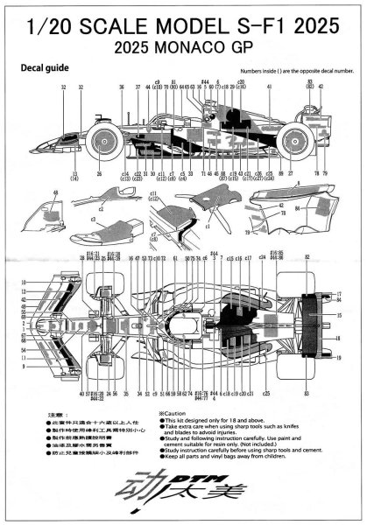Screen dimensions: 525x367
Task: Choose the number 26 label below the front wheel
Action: (x=99, y=174)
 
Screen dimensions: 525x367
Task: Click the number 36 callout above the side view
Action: (x=121, y=88)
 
